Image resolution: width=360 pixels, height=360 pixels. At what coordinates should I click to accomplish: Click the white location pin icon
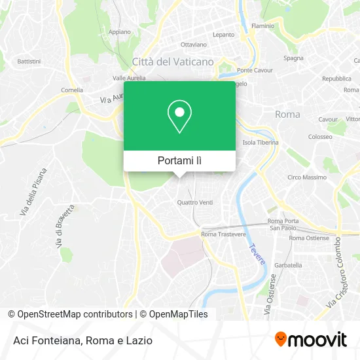point(179,116)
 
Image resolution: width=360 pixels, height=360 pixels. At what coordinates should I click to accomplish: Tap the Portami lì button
point(179,160)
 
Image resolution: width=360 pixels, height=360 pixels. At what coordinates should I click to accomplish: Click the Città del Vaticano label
point(173,61)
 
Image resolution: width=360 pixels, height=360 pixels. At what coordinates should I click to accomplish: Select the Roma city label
point(287,114)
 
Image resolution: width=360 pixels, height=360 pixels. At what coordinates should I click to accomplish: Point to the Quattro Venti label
point(195,202)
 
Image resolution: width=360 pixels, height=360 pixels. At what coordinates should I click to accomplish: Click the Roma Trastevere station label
point(223,234)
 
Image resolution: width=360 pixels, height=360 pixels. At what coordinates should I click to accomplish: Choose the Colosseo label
point(320,137)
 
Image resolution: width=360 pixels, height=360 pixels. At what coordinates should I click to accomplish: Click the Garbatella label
point(288,265)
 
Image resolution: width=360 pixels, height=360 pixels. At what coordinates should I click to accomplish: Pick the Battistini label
point(29,61)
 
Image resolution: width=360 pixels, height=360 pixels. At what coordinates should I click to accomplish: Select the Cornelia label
point(72,90)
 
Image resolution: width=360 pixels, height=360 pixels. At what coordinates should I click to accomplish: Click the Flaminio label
point(262,26)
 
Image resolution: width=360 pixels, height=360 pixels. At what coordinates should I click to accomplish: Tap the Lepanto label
point(223,34)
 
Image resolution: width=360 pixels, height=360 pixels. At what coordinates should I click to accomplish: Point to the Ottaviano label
point(193,45)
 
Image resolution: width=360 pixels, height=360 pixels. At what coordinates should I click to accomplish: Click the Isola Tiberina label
point(261,142)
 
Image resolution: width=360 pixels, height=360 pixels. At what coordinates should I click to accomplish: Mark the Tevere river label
point(257,255)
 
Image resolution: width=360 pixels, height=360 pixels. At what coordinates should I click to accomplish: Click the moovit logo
point(311,339)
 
